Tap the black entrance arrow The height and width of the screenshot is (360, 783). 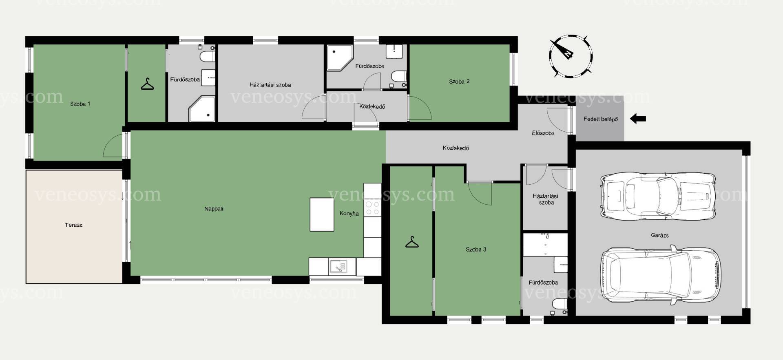coord(638,119)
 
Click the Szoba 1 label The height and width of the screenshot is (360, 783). coord(80,104)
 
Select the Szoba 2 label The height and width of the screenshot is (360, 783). coord(459,82)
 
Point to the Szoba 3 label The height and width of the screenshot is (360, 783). coord(476,250)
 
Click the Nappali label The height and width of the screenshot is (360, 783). coord(214,209)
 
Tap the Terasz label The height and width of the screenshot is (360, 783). coord(73,225)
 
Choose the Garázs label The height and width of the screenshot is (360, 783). coord(660,235)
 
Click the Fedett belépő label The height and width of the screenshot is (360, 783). coord(601,119)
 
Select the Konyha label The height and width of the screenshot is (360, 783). coord(349,213)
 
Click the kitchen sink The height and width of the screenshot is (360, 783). coord(338,267)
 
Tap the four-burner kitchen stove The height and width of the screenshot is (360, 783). coord(372,208)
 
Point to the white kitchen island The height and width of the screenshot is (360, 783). coord(322,214)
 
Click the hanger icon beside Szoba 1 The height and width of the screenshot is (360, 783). coord(147,84)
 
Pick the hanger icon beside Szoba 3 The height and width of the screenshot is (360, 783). coord(412,242)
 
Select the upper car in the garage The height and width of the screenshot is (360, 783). coord(658,196)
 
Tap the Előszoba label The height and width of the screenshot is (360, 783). coord(543,133)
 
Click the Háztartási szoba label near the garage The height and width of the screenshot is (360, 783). coord(545,199)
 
